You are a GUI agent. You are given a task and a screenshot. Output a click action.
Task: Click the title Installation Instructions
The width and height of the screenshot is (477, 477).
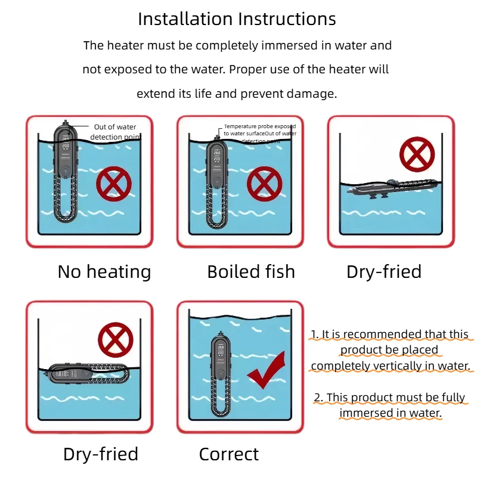click(x=237, y=18)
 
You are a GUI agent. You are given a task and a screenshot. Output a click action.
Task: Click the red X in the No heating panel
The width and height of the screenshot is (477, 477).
click(x=114, y=184)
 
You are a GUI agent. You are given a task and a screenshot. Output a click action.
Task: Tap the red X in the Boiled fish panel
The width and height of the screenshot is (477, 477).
click(x=264, y=184)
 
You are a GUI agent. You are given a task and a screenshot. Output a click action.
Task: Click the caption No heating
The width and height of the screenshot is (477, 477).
click(x=104, y=272)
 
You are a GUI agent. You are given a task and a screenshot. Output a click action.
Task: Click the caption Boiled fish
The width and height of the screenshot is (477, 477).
click(x=251, y=272)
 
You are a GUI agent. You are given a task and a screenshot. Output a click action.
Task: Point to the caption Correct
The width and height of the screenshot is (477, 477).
click(x=229, y=454)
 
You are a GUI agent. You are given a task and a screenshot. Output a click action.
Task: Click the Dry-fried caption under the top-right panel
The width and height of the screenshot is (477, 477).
click(x=384, y=272)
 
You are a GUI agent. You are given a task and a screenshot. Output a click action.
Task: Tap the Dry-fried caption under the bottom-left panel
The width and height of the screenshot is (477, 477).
click(x=101, y=454)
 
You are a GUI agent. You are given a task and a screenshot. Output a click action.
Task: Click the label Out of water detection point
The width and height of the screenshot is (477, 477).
click(x=114, y=132)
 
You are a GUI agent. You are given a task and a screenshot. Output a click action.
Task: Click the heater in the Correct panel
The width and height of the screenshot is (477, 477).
click(x=218, y=376)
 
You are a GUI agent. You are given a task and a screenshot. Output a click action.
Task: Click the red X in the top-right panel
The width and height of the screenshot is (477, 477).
click(x=417, y=154)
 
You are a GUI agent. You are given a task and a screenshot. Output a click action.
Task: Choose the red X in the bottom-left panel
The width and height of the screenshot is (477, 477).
click(x=115, y=340)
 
